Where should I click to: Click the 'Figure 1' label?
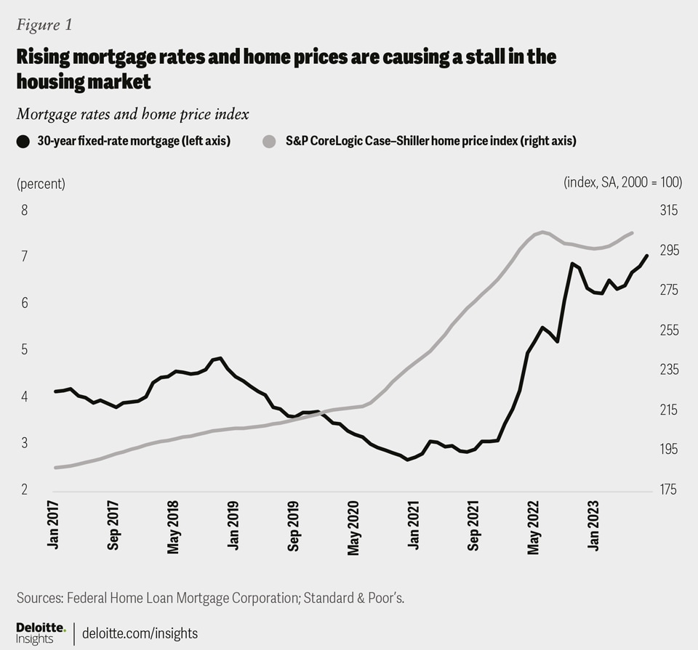(x=44, y=25)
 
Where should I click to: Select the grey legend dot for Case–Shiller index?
(x=268, y=141)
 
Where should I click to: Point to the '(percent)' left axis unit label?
(x=41, y=184)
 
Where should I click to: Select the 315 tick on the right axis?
(x=668, y=211)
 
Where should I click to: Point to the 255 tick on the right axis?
(x=668, y=330)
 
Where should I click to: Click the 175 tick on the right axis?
(x=668, y=489)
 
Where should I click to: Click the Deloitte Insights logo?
(x=41, y=633)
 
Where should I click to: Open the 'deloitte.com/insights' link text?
(x=140, y=633)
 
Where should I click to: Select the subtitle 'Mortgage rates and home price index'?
(x=132, y=113)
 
